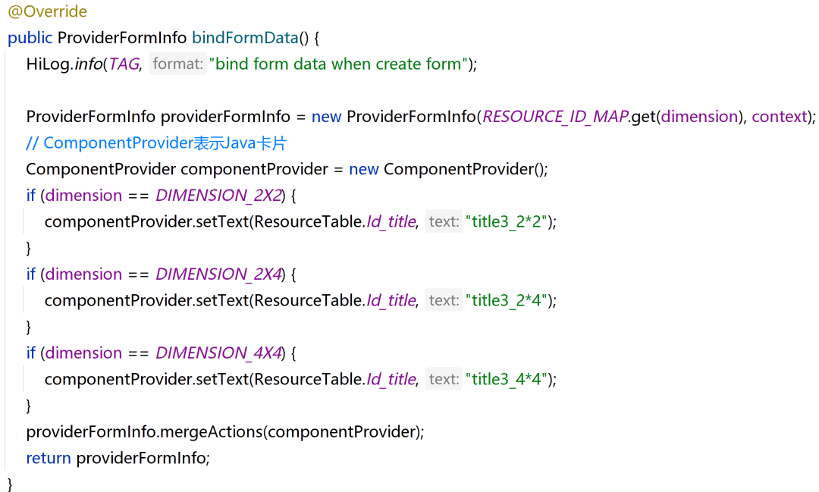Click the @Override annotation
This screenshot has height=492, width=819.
click(x=47, y=12)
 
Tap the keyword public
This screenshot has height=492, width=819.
click(x=30, y=38)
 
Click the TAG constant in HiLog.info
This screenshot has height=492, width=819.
click(x=124, y=64)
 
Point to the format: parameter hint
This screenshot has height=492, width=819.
click(x=178, y=64)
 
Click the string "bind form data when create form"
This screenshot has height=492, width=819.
click(x=339, y=64)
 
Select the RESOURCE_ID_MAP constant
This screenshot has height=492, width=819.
click(x=555, y=117)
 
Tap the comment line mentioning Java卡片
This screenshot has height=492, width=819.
click(x=156, y=143)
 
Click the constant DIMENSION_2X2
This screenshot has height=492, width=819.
click(x=218, y=196)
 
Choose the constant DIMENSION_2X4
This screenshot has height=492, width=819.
click(x=218, y=274)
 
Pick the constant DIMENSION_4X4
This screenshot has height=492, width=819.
click(x=218, y=353)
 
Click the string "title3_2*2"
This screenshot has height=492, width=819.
click(x=507, y=222)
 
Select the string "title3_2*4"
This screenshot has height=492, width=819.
click(x=507, y=301)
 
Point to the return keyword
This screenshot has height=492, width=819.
click(x=49, y=459)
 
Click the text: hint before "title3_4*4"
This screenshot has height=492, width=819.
click(x=444, y=380)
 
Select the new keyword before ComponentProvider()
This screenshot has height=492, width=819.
click(x=363, y=169)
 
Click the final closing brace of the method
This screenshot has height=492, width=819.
click(x=11, y=484)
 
